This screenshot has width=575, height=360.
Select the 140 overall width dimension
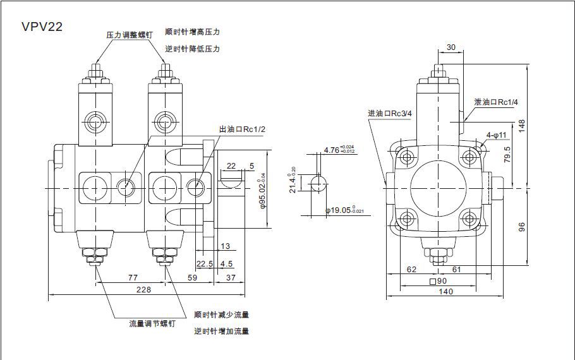pos(446,291)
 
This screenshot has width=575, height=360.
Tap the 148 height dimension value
pos(521,126)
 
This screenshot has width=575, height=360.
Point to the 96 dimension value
pos(521,226)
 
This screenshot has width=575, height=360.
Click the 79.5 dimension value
pos(507,155)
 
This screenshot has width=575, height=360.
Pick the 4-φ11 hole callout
pos(497,135)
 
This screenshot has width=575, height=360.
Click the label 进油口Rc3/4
pos(390,114)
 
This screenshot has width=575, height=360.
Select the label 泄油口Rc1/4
pos(496,102)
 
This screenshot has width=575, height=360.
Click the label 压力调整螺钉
pos(130,35)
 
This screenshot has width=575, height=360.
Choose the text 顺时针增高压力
pos(192,32)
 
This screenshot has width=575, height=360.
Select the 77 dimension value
pos(133,277)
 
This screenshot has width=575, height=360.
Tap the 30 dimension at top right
pos(451,47)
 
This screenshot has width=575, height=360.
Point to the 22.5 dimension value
pos(204,264)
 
